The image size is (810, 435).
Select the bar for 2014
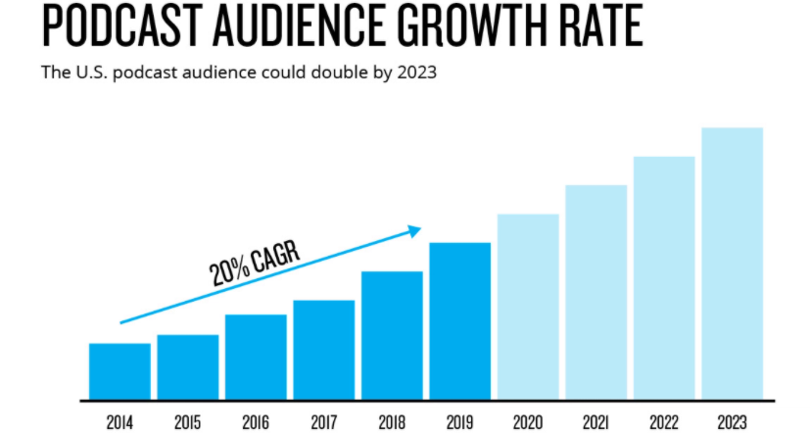click(119, 371)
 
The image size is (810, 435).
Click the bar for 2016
click(256, 357)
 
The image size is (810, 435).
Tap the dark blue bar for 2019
click(459, 321)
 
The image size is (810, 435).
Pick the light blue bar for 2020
click(528, 307)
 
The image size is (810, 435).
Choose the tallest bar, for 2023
click(732, 264)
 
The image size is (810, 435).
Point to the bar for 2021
click(596, 292)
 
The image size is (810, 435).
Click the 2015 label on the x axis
click(187, 422)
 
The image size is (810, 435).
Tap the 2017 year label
click(324, 422)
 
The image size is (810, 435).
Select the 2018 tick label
click(392, 422)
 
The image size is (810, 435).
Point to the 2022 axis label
click(664, 422)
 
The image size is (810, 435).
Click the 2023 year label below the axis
click(732, 422)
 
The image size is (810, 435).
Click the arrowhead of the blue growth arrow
click(415, 231)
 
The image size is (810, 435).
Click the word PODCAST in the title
click(121, 24)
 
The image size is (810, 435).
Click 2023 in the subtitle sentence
click(417, 72)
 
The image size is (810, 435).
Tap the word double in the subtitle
click(337, 72)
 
